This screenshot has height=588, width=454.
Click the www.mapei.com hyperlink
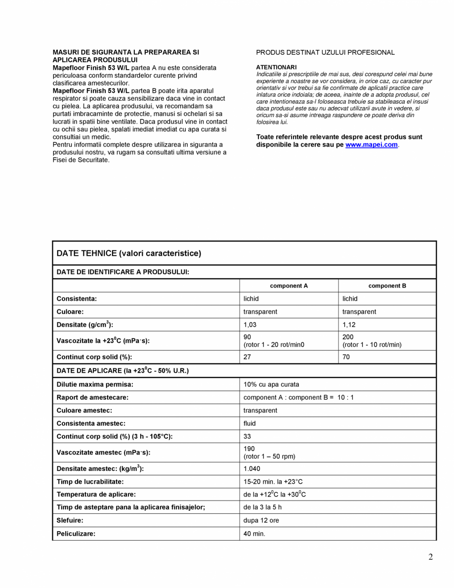(x=371, y=145)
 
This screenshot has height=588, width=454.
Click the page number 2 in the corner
(x=430, y=557)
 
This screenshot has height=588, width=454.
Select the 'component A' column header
(x=289, y=286)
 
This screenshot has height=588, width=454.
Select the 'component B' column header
(x=387, y=286)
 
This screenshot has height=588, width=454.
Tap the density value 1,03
(x=250, y=325)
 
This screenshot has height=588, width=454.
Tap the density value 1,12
(x=349, y=325)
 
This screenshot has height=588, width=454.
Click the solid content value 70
(x=346, y=357)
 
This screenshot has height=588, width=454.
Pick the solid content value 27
(x=247, y=357)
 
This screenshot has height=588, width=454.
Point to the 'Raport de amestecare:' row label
(x=92, y=397)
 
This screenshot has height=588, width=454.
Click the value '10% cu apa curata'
(x=271, y=384)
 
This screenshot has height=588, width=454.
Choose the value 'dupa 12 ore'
(x=261, y=520)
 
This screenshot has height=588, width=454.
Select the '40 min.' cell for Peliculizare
(x=254, y=534)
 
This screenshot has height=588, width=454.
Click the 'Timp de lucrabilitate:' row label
(x=90, y=481)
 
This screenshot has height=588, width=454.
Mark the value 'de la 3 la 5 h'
(x=262, y=507)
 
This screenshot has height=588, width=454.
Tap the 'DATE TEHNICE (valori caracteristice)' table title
(x=129, y=253)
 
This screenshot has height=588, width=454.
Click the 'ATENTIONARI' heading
(x=276, y=67)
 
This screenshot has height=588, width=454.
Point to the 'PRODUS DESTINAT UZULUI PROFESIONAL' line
(x=325, y=52)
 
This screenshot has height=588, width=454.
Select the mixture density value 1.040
(x=251, y=468)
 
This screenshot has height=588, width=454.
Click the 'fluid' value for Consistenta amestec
(x=249, y=423)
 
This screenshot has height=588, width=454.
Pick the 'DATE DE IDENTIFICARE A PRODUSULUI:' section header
(x=123, y=272)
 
